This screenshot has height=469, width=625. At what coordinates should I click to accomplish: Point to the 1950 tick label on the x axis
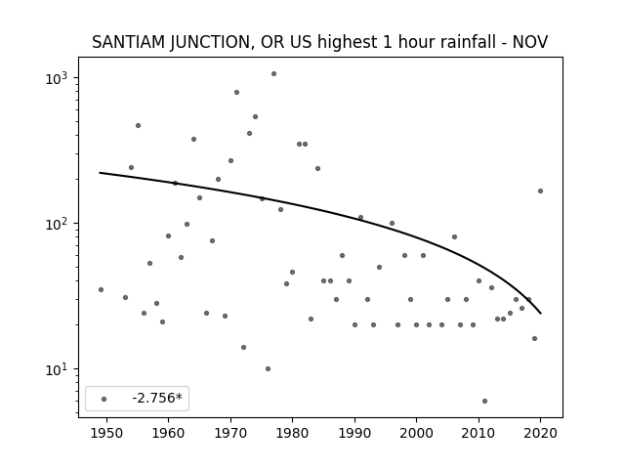click(106, 433)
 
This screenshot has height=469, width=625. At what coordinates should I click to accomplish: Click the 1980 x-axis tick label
click(293, 433)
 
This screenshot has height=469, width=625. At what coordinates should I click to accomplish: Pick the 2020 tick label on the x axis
click(540, 433)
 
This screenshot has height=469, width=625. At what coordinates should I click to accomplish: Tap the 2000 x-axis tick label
click(417, 433)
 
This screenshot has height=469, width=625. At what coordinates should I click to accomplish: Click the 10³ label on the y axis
click(59, 78)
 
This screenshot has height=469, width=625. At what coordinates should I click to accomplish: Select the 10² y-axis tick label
click(59, 224)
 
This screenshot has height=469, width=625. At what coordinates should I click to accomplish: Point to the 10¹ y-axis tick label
click(59, 369)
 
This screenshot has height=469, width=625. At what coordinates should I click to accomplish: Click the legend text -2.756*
click(157, 398)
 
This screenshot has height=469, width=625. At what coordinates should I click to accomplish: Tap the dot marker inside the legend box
click(104, 399)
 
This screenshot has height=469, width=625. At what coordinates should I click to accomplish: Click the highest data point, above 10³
click(273, 74)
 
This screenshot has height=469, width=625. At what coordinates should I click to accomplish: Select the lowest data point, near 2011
click(484, 402)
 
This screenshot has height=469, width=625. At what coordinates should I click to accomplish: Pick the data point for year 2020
click(540, 192)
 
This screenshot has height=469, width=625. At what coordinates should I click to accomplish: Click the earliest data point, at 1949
click(101, 289)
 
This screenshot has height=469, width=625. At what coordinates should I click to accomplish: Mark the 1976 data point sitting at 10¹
click(268, 369)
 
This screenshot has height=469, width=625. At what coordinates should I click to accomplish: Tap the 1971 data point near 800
click(236, 93)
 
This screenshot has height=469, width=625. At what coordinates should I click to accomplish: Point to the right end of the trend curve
click(541, 314)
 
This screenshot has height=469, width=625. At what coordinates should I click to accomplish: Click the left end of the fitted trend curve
click(100, 173)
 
